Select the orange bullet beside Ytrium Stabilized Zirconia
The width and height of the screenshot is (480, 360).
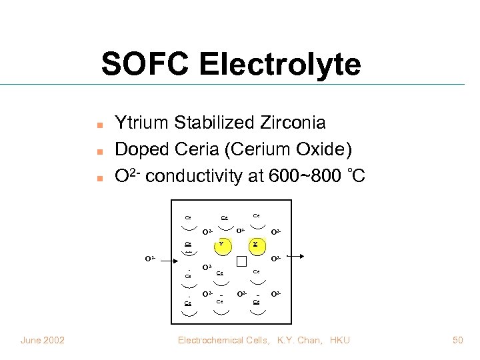pos(99,125)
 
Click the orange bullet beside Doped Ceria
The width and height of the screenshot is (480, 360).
pos(99,151)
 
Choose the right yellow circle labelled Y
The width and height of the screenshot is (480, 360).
pos(255,245)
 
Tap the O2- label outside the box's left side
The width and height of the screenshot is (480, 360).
pos(150,257)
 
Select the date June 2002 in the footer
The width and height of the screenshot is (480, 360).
pos(43,341)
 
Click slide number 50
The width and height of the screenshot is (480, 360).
pos(457,341)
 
